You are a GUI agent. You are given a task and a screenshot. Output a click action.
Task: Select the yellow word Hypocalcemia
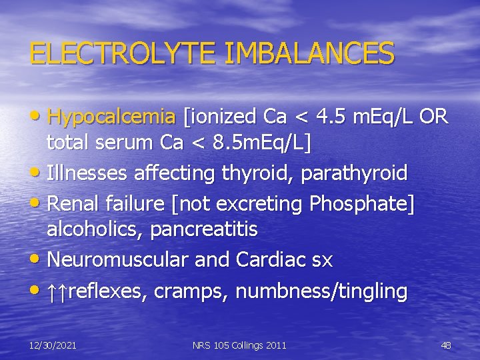point(111,117)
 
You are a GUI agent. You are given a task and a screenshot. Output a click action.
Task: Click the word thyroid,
point(256,173)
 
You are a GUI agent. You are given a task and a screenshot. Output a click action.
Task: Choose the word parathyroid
point(354,173)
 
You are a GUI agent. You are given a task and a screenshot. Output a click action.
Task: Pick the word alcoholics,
point(95,230)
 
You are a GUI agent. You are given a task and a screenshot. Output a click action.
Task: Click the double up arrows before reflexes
point(58,291)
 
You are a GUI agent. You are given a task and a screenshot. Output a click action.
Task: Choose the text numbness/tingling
point(321,291)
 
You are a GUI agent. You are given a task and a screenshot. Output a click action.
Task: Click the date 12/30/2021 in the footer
point(53,345)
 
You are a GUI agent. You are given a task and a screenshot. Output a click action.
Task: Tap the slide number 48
point(446,345)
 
